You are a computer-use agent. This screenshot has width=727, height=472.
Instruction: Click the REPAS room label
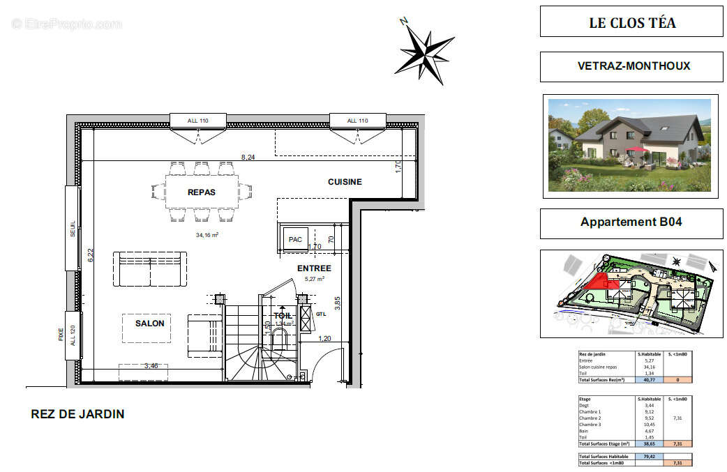pyautogui.click(x=201, y=192)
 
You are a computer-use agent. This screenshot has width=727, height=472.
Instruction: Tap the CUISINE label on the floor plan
pyautogui.click(x=345, y=182)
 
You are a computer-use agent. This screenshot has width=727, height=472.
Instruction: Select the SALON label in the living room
pyautogui.click(x=149, y=323)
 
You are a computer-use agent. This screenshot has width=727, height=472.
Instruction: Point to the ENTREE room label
pyautogui.click(x=314, y=268)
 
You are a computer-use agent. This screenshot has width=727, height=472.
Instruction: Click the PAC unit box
pyautogui.click(x=295, y=240)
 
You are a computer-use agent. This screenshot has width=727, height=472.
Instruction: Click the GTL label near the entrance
pyautogui.click(x=320, y=314)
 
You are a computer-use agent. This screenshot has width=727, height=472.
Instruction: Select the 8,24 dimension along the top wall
pyautogui.click(x=247, y=158)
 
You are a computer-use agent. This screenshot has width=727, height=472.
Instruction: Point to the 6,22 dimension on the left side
pyautogui.click(x=89, y=256)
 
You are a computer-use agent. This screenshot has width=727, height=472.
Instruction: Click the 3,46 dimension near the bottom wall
pyautogui.click(x=151, y=365)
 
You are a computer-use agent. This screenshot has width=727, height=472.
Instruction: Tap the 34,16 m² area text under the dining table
pyautogui.click(x=207, y=235)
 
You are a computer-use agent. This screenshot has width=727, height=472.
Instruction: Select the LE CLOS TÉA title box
pyautogui.click(x=631, y=22)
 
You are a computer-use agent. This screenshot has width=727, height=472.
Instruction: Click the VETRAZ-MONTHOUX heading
pyautogui.click(x=634, y=66)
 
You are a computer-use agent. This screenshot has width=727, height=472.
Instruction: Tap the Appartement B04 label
pyautogui.click(x=631, y=222)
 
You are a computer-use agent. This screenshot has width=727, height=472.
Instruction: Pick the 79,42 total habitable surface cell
pyautogui.click(x=649, y=456)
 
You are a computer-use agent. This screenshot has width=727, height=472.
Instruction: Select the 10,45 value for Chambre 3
pyautogui.click(x=649, y=425)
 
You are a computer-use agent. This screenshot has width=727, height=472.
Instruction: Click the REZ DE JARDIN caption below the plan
pyautogui.click(x=77, y=414)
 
